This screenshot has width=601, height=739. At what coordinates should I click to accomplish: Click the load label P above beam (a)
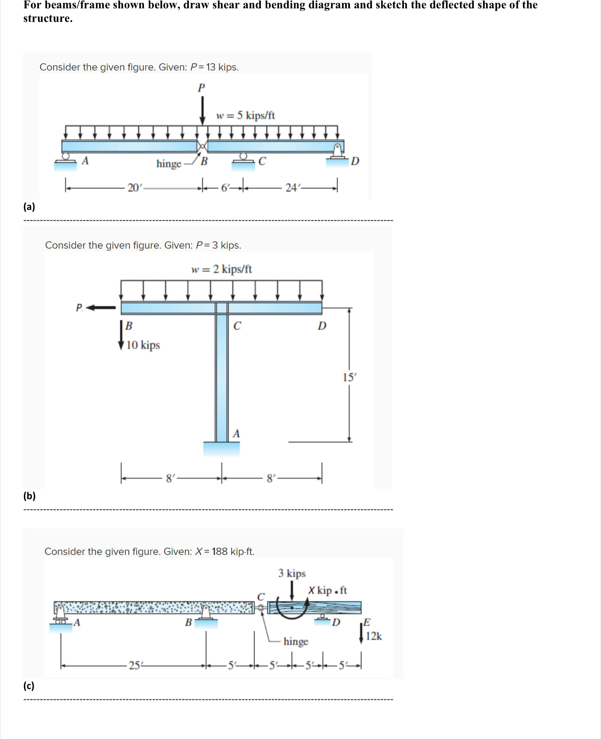tap(201, 88)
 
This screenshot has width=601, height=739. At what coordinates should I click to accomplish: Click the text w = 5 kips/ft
tap(246, 115)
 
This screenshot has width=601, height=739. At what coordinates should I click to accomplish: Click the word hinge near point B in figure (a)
tap(169, 163)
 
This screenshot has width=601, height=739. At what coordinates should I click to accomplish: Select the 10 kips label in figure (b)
tap(143, 345)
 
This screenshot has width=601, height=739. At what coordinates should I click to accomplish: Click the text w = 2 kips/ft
tap(221, 269)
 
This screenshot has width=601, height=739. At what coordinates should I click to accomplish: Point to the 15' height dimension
tap(349, 377)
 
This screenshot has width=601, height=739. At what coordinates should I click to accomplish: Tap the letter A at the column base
tap(236, 434)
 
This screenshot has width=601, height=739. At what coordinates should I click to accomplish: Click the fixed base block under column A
tap(221, 449)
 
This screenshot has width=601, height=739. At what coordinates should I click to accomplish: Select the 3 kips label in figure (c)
tap(292, 573)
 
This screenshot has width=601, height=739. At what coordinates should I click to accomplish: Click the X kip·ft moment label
tap(327, 591)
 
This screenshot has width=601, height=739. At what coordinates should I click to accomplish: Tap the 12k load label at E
tap(374, 636)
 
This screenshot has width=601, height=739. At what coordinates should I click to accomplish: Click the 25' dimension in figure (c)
tap(134, 665)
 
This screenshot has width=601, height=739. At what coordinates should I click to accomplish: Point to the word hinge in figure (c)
tap(296, 641)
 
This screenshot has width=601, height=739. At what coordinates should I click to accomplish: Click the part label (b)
tap(29, 496)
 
